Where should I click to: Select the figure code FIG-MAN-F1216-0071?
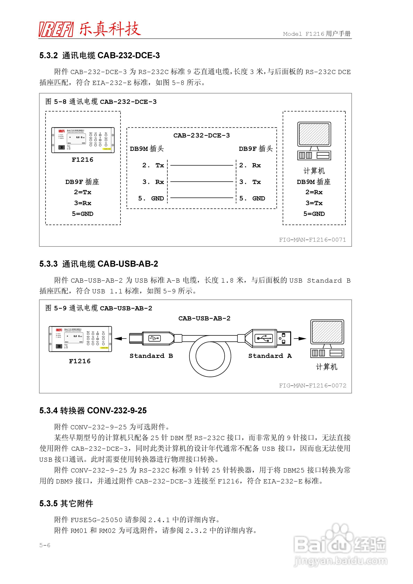pyautogui.click(x=312, y=240)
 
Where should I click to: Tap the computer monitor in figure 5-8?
pyautogui.click(x=314, y=134)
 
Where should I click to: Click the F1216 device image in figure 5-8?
pyautogui.click(x=83, y=140)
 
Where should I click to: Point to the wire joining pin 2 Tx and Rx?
pyautogui.click(x=202, y=165)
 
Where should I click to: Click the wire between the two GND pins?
pyautogui.click(x=202, y=198)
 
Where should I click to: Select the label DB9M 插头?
pyautogui.click(x=147, y=149)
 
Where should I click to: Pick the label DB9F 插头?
pyautogui.click(x=256, y=149)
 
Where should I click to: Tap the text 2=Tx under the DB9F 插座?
pyautogui.click(x=82, y=192)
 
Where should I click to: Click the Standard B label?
pyautogui.click(x=151, y=356)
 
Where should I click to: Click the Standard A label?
pyautogui.click(x=270, y=356)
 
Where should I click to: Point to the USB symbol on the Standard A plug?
pyautogui.click(x=264, y=338)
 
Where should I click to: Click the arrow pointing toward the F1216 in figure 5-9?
pyautogui.click(x=120, y=338)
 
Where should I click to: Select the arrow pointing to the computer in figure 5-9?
pyautogui.click(x=300, y=338)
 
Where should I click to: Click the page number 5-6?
pyautogui.click(x=45, y=545)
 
